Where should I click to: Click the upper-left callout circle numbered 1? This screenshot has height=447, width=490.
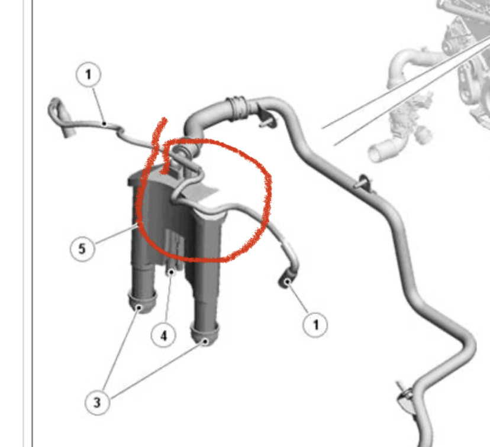tap(88, 75)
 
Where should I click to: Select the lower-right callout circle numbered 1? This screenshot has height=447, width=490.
tap(315, 325)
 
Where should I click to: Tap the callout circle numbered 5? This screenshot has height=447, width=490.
tap(82, 249)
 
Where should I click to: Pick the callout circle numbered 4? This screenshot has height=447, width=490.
tap(163, 336)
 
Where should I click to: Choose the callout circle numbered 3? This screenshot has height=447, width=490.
tap(97, 403)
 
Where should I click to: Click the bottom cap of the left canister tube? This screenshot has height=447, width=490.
tap(142, 302)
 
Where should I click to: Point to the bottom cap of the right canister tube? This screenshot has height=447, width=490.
tap(204, 334)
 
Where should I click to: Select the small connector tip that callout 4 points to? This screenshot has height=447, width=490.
tap(171, 271)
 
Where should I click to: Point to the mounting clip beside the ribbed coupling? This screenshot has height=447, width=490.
tap(268, 120)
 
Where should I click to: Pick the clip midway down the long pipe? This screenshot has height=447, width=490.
tap(363, 183)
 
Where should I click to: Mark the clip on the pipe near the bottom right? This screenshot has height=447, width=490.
tap(405, 395)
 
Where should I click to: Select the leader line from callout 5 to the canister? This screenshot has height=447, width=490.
tap(115, 234)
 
